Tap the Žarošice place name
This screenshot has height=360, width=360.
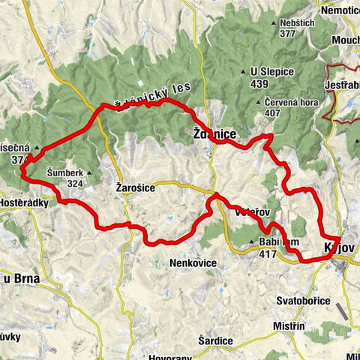pyautogui.click(x=135, y=188)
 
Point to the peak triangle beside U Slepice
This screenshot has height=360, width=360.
pyautogui.click(x=243, y=72)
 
